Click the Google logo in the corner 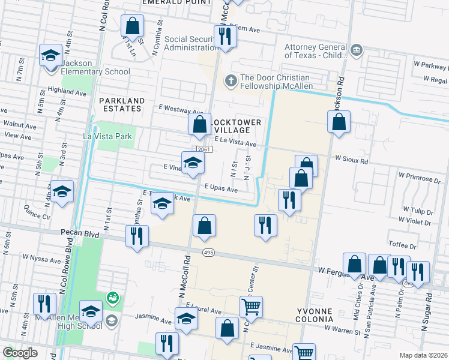(x=20, y=353)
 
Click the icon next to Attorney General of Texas (x=355, y=49)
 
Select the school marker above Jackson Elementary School (x=49, y=56)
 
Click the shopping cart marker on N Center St (x=251, y=307)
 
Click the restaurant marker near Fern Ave (x=225, y=35)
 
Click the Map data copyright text (x=423, y=354)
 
